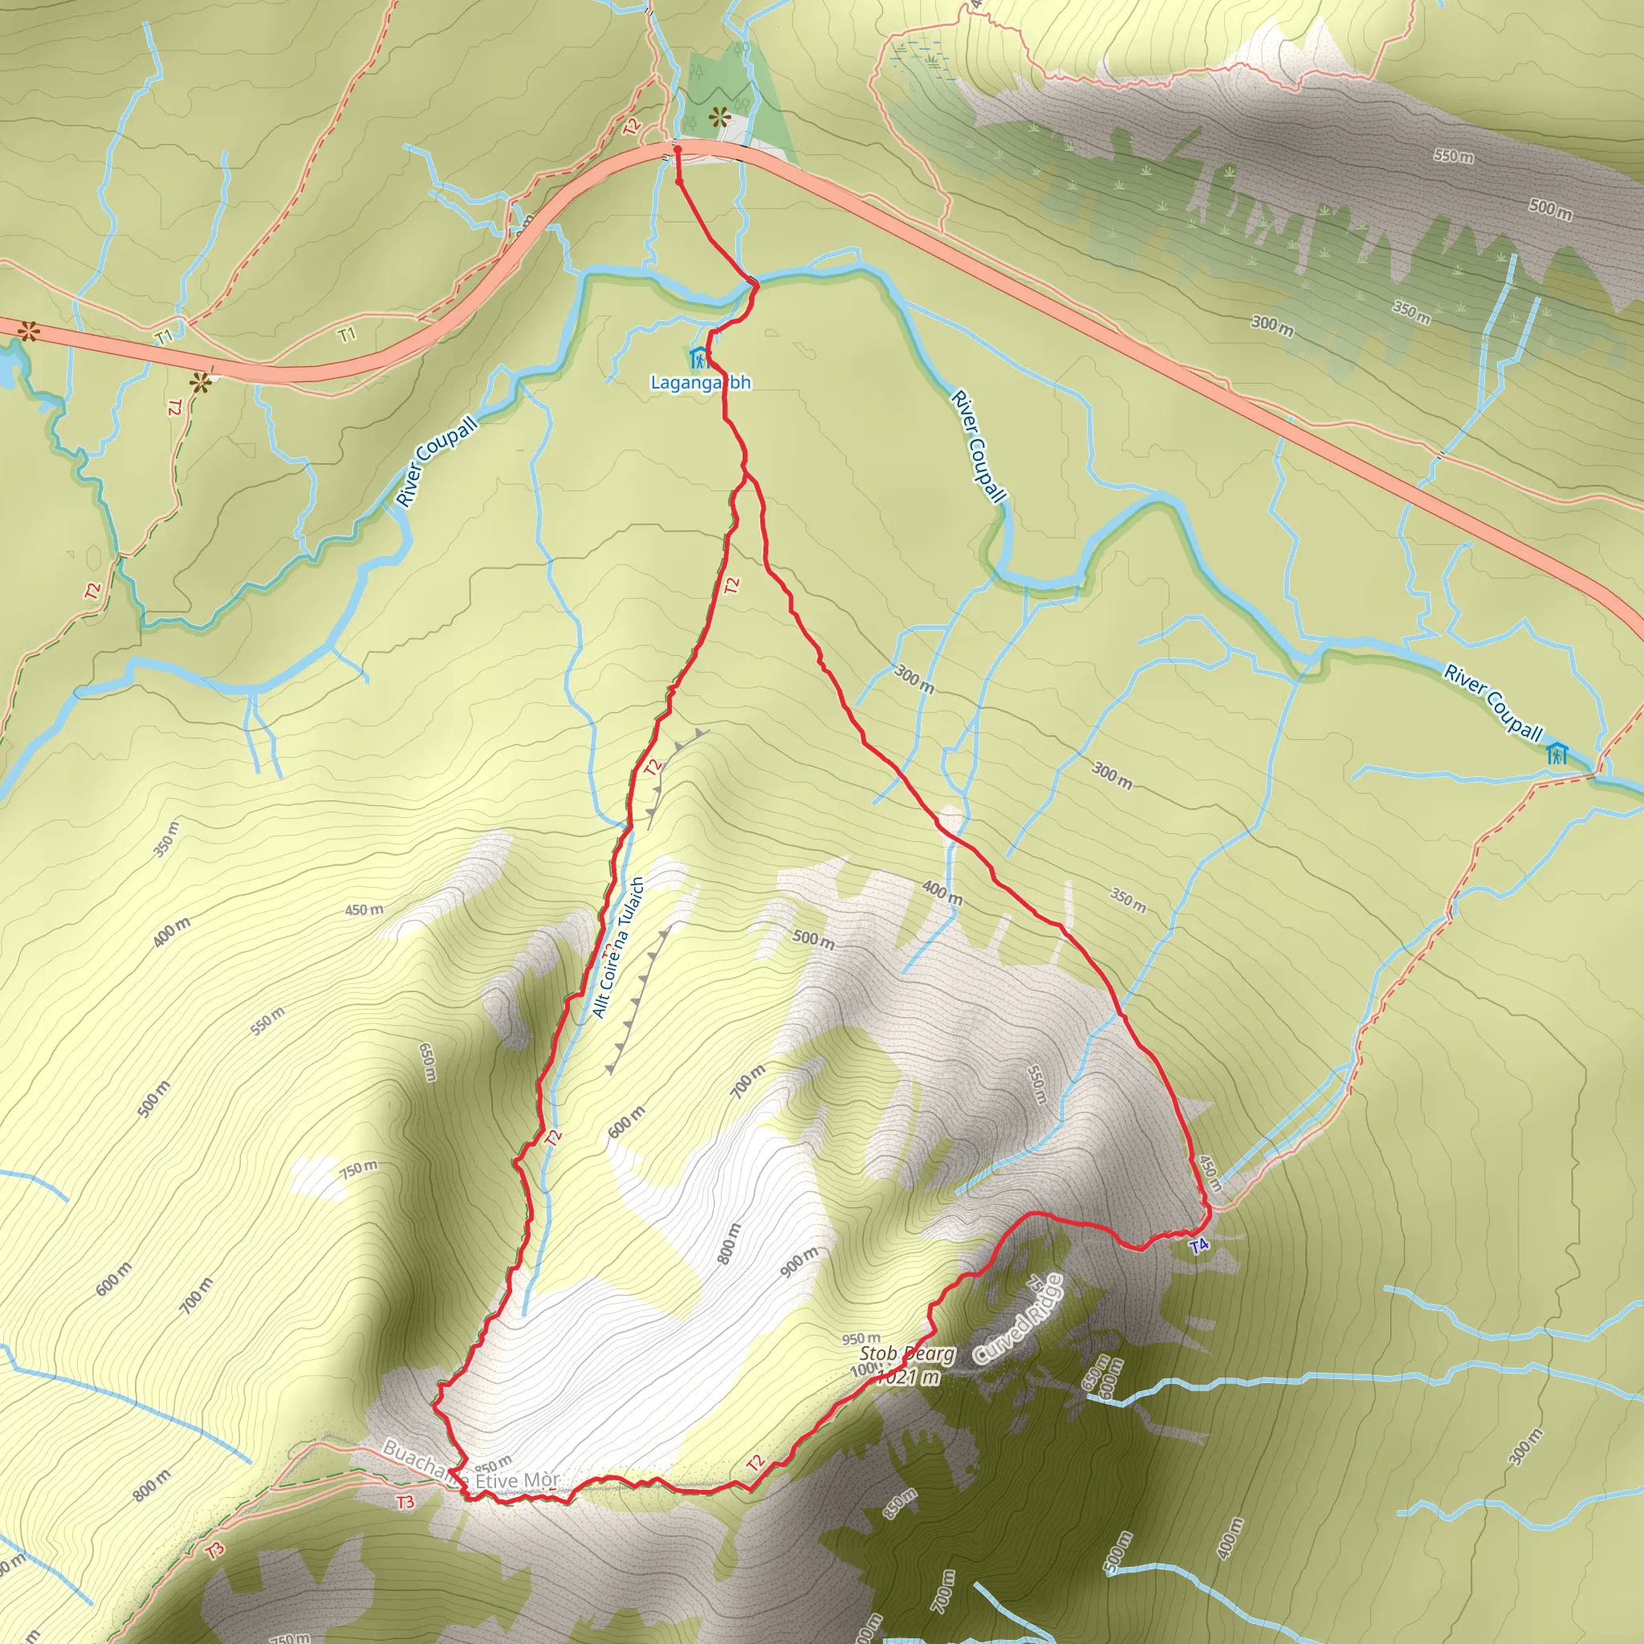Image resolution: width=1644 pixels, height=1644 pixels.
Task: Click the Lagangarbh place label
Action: [700, 383]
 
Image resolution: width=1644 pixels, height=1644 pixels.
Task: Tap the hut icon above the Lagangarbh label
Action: [698, 357]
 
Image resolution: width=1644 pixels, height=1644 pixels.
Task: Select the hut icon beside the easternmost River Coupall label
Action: [1557, 753]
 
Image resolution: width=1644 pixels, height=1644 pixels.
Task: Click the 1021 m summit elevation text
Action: [909, 1376]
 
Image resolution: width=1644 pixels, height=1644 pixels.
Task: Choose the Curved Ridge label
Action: [1018, 1320]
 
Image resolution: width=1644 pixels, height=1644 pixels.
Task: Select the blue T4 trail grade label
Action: [1199, 1247]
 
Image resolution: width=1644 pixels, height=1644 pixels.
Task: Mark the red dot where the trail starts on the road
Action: [678, 151]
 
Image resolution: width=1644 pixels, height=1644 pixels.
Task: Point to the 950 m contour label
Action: [861, 1338]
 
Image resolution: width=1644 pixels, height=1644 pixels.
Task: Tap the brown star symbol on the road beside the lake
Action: [28, 331]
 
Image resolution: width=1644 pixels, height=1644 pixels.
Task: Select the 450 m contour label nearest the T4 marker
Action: [1210, 1174]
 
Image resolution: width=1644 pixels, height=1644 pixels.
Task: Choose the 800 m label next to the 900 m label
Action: [729, 1243]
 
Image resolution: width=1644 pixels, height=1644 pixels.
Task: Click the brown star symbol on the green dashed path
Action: [200, 383]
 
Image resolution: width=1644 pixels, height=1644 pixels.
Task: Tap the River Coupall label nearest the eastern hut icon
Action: [1493, 700]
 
